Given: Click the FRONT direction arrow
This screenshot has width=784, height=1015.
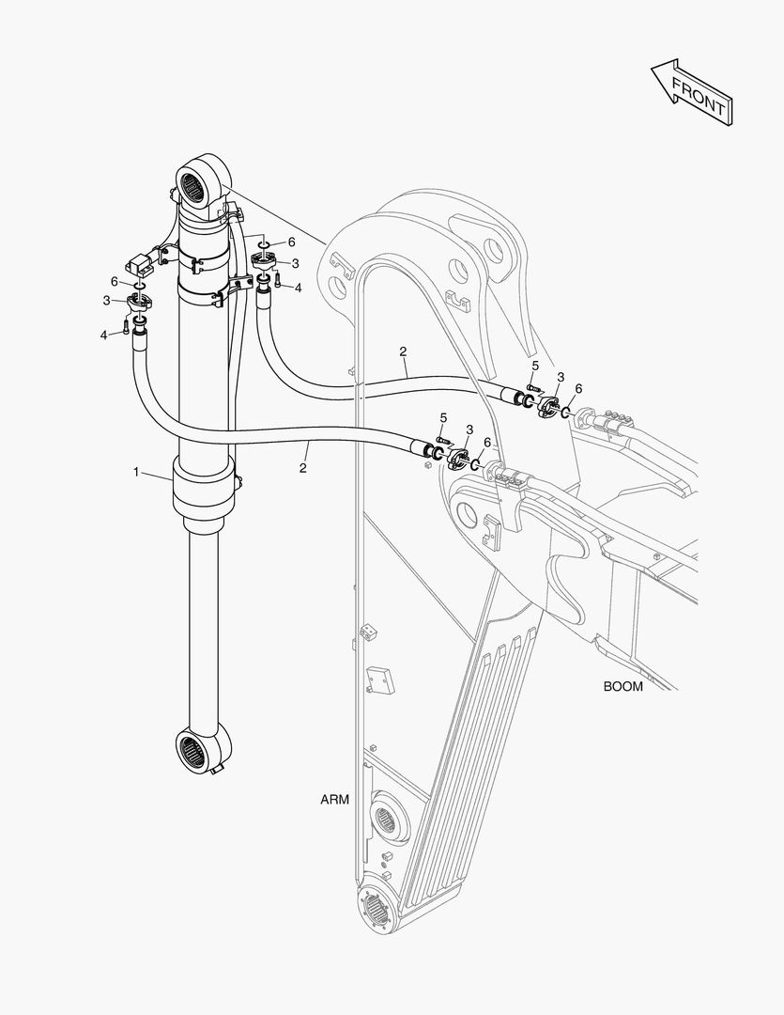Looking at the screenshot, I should click(x=690, y=91).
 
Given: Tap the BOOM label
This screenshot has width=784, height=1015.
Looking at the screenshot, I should click(x=623, y=686).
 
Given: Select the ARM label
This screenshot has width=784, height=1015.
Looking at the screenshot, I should click(x=334, y=800).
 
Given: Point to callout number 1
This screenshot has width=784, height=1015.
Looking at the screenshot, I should click(x=137, y=472).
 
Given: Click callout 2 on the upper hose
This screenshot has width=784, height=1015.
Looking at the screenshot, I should click(x=403, y=351).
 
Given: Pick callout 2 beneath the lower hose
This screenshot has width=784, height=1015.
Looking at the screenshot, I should click(x=303, y=466).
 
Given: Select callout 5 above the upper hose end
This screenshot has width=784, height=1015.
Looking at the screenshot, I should click(x=535, y=365).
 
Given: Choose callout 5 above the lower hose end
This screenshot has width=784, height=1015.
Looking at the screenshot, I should click(x=444, y=416).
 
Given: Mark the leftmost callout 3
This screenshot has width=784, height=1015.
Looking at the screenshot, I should click(x=107, y=300).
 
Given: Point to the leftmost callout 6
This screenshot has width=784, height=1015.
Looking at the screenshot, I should click(x=114, y=281).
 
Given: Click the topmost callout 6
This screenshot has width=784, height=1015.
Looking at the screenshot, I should click(x=291, y=242).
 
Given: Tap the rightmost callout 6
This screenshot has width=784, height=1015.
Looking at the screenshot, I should click(x=578, y=389).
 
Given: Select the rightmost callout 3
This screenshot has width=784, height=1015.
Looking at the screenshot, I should click(x=560, y=377).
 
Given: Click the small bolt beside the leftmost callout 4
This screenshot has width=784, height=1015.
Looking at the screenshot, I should click(x=126, y=329).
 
